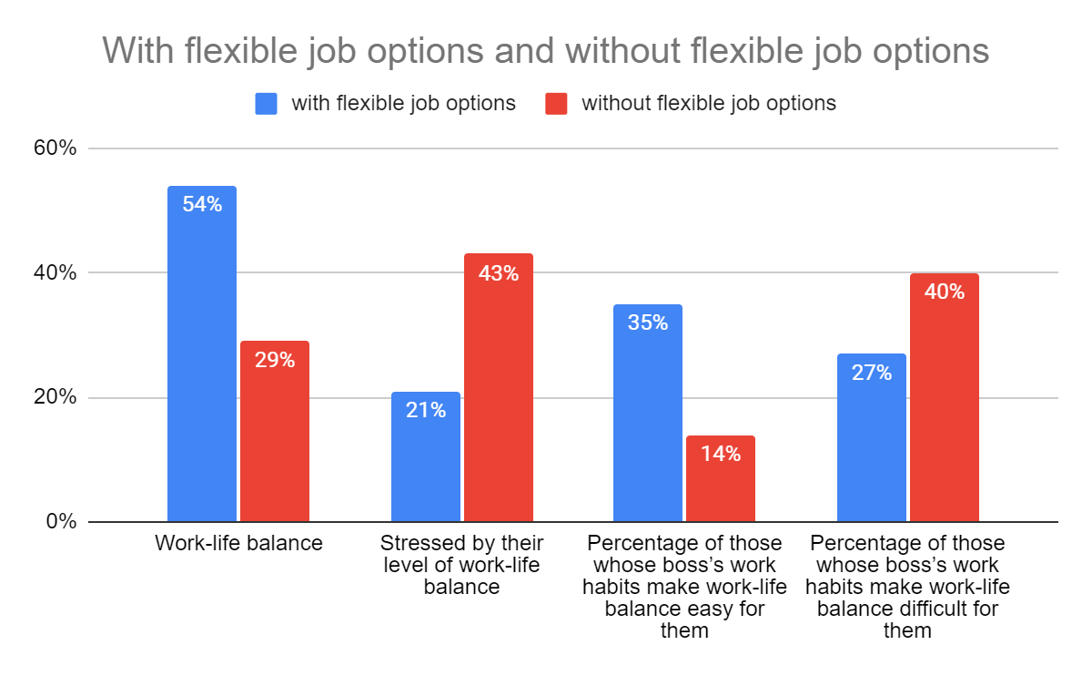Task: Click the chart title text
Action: click(x=545, y=50)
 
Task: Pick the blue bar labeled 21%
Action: click(x=426, y=456)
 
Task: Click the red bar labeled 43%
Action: click(x=499, y=387)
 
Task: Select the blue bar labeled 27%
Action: click(x=872, y=437)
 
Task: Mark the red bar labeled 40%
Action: click(x=945, y=397)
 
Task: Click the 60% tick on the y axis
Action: click(x=63, y=149)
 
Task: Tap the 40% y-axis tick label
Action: click(x=63, y=273)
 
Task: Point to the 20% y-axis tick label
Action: click(x=63, y=398)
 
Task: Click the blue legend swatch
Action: click(x=266, y=104)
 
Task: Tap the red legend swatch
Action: click(x=556, y=104)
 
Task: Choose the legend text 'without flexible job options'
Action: click(x=709, y=104)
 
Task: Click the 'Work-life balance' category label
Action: click(x=238, y=544)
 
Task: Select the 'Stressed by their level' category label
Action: click(x=462, y=565)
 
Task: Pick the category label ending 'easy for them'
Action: click(x=684, y=587)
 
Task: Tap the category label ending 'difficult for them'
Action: click(x=908, y=587)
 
